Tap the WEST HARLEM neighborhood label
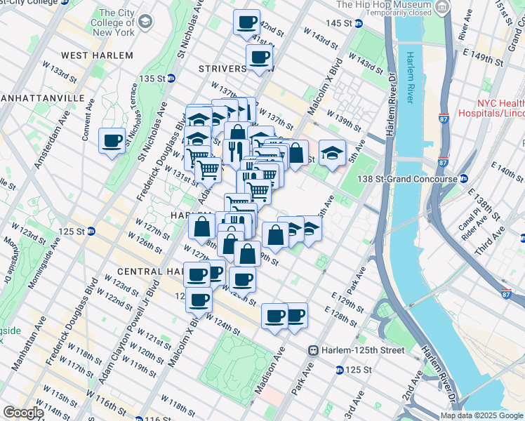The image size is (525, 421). [x=97, y=55]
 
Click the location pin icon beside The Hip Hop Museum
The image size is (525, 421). [x=441, y=8]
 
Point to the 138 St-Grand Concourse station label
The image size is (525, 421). [x=416, y=179]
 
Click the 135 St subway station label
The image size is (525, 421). [x=156, y=78]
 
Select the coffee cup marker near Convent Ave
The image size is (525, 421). [x=112, y=142]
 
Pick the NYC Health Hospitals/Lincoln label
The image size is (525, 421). [x=491, y=107]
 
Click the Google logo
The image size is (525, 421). [x=22, y=413]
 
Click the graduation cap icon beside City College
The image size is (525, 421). [x=145, y=22]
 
